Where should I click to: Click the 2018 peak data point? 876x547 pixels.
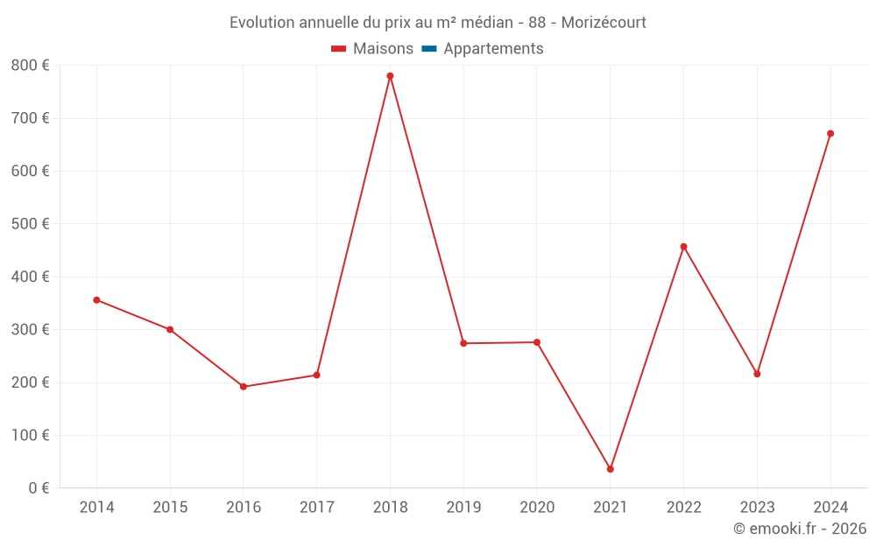coord(390,76)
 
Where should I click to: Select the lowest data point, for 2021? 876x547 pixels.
coord(611,469)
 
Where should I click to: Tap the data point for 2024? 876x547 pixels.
coord(830,134)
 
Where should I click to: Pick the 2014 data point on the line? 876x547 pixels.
coord(96,300)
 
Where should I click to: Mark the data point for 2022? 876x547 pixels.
coord(684,247)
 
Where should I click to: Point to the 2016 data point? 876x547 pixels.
coord(244,387)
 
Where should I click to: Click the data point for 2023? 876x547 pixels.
coord(757,374)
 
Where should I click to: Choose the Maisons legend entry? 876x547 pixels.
coord(383,49)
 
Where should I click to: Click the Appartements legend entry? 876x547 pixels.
coord(493,49)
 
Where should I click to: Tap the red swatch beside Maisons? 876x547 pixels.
coord(339,49)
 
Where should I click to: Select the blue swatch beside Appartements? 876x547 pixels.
coord(429,49)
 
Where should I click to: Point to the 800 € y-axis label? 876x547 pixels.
coord(31,66)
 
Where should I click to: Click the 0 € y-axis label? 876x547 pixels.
coord(39,488)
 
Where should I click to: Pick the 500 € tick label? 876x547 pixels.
coord(31,224)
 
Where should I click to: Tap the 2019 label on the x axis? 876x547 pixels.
coord(463,508)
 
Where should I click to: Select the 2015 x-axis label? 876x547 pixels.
coord(170,508)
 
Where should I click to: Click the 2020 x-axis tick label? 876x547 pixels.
coord(537,508)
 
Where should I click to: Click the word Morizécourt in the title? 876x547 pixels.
coord(604,23)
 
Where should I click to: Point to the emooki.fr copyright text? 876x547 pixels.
coord(800,529)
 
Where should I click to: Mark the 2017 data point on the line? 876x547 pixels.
coord(316,375)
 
